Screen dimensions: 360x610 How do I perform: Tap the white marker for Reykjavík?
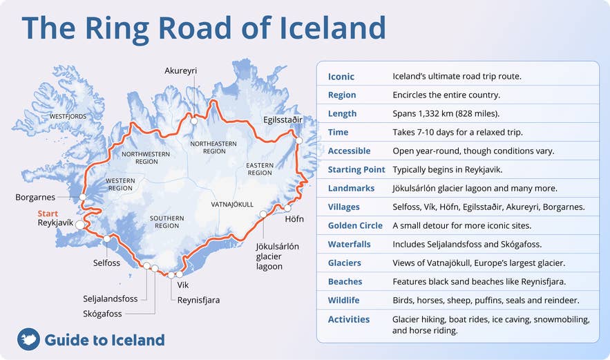pos(80,225)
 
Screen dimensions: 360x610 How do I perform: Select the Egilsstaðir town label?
pos(283,120)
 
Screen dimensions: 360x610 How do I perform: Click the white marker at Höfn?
pos(288,207)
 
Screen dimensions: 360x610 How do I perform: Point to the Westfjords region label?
pos(68,117)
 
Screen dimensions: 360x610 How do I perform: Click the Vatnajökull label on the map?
pos(232,205)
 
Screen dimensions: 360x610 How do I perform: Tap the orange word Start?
pos(48,214)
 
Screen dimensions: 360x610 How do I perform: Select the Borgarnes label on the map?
pos(35,198)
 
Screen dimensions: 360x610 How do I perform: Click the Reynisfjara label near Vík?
pos(198,299)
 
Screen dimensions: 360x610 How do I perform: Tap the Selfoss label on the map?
pos(106,263)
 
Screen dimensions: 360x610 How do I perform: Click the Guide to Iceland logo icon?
pos(28,339)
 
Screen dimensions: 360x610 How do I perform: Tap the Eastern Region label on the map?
pos(260,169)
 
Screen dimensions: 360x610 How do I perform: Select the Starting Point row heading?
pos(356,169)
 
